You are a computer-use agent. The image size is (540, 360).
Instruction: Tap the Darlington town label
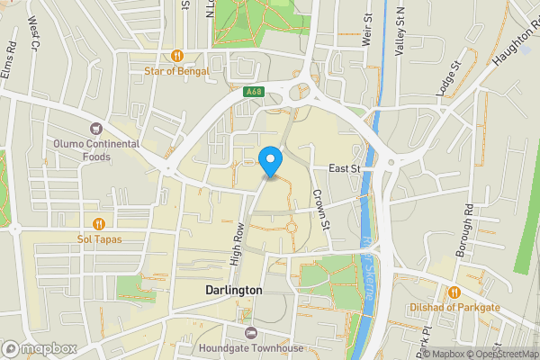pos(233,291)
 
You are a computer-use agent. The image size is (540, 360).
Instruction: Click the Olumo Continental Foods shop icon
pos(95,128)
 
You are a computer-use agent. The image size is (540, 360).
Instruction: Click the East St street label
pos(344,168)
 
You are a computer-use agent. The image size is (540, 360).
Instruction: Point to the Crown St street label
pos(321,207)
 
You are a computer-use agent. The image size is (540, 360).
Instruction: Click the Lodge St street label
pos(447,78)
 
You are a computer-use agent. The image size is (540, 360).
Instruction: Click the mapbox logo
pos(39,348)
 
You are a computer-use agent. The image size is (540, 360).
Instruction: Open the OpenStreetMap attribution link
pos(500,354)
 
